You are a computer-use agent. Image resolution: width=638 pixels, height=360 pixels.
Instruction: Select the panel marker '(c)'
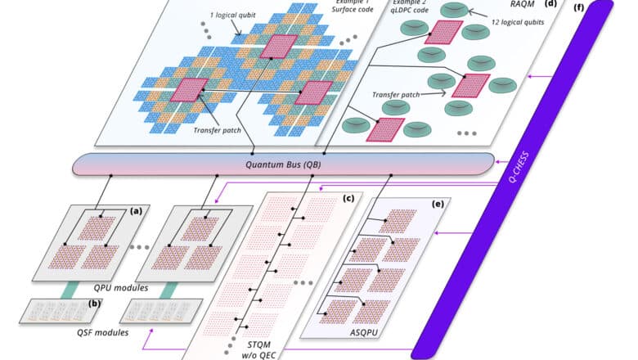(348, 198)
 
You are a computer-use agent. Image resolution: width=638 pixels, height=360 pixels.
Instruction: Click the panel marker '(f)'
(580, 9)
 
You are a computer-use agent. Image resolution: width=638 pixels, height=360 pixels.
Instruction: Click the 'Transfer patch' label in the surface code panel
(216, 127)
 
